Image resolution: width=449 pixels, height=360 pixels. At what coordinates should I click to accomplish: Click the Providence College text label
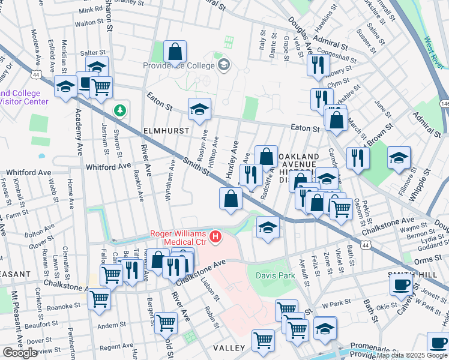[x=179, y=65]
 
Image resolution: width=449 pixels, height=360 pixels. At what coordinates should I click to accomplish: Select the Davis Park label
[x=276, y=276]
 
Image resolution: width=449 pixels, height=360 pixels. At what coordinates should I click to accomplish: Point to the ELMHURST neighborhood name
[x=166, y=130]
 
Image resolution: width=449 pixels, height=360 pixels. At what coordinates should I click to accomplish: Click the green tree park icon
[x=121, y=110]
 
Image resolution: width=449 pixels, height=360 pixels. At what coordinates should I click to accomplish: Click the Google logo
[x=20, y=353]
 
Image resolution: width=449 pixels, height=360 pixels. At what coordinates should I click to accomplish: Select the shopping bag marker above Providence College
[x=175, y=52]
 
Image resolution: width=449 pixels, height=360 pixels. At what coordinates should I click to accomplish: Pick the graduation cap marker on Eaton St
[x=199, y=109]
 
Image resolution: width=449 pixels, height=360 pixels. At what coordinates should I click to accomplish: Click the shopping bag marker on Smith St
[x=231, y=199]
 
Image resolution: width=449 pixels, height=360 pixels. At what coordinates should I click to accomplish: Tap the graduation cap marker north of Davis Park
[x=268, y=227]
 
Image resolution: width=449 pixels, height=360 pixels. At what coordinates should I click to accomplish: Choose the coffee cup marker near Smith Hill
[x=401, y=284]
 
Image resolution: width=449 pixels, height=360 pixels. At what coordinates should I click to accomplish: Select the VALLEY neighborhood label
[x=229, y=348]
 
